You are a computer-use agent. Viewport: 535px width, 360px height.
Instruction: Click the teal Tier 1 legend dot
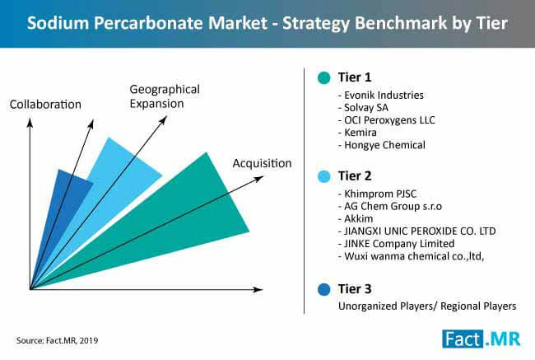(323, 77)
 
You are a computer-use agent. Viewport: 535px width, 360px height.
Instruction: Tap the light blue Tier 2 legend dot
(323, 176)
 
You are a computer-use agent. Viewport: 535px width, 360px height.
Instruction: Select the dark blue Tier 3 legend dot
(323, 289)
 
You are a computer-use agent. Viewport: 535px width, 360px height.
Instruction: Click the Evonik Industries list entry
(381, 95)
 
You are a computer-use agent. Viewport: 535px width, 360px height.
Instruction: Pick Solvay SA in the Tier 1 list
(363, 108)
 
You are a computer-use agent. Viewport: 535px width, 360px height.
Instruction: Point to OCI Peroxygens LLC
(386, 120)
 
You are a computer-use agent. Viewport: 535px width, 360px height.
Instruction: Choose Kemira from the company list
(357, 133)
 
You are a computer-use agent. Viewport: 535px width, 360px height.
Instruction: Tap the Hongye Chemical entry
(381, 145)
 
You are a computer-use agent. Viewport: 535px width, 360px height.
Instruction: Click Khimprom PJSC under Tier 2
(377, 194)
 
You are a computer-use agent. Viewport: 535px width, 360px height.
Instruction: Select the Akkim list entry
(356, 218)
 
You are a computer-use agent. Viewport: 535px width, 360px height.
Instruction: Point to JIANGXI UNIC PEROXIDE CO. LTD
(416, 231)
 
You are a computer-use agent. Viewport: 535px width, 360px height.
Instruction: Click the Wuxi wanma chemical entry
(411, 256)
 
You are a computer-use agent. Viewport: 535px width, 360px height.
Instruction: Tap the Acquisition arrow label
(262, 164)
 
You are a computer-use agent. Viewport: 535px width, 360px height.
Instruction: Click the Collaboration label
(45, 105)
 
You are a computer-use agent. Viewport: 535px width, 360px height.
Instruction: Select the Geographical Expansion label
(165, 96)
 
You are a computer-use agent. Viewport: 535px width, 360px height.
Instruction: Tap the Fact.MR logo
(481, 339)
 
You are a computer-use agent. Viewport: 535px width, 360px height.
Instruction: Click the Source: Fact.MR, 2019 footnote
(57, 340)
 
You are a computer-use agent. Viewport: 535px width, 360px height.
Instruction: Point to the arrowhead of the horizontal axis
(258, 290)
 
